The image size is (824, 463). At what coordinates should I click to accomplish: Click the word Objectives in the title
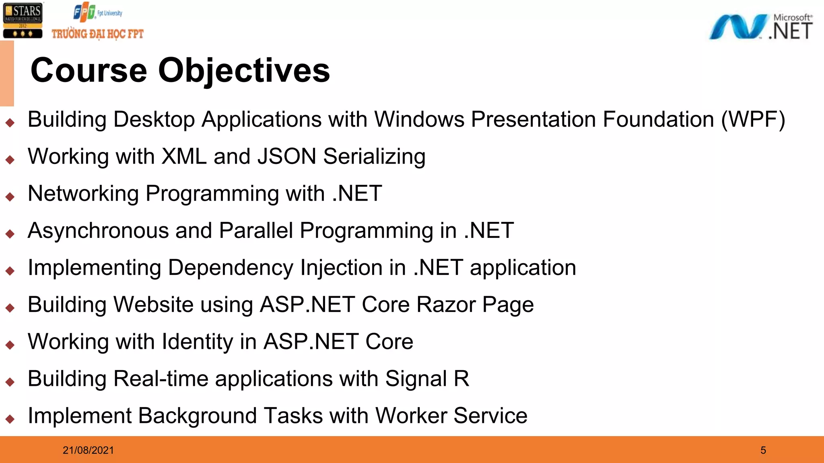tap(244, 70)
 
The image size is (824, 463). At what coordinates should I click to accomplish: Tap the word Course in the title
tap(89, 70)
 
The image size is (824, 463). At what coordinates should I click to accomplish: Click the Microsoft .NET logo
tap(760, 27)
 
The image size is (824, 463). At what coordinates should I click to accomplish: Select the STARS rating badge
tap(23, 20)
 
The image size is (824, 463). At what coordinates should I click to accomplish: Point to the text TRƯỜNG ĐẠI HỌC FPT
tap(97, 34)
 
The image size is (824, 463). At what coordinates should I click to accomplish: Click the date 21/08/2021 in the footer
tap(88, 450)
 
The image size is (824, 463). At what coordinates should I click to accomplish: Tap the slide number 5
tap(763, 450)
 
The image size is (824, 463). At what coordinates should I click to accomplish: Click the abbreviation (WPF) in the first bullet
tap(753, 120)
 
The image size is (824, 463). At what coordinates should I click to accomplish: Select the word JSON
tap(286, 156)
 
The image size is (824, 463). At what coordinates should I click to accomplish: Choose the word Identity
tap(198, 342)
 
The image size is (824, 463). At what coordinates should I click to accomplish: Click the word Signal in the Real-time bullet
tap(416, 379)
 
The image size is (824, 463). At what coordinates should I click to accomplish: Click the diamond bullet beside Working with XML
tap(10, 160)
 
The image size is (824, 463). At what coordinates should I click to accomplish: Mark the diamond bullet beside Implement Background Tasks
tap(10, 419)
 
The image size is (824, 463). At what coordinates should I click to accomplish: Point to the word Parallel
tap(256, 231)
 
